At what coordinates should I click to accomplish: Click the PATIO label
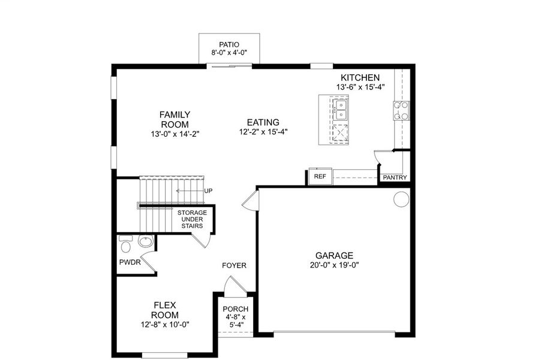coord(229,44)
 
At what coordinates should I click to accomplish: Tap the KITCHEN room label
coord(360,77)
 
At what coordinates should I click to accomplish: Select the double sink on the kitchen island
coord(341,110)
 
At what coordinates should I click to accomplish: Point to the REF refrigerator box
coord(319,177)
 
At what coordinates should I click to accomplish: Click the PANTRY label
coord(395,178)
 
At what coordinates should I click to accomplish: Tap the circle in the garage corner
coord(401,200)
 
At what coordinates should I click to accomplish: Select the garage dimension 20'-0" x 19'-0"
coord(335,265)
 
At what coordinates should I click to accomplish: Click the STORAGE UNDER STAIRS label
coord(192,220)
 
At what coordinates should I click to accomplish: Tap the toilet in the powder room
coord(125,245)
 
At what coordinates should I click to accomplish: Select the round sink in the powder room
coord(145,242)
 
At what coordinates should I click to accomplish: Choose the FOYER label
coord(234,266)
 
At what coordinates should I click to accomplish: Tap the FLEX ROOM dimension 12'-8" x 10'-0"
coord(164,325)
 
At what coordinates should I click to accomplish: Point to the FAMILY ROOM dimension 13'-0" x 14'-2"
coord(175,134)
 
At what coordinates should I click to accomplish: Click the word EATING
coord(263,122)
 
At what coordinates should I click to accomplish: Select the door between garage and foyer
coord(250,202)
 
